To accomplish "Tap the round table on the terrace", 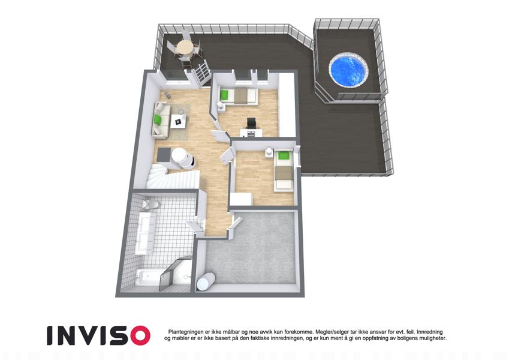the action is (185, 47).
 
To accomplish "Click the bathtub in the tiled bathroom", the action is (148, 277).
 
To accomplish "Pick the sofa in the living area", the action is (161, 119).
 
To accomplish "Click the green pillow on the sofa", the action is (158, 119).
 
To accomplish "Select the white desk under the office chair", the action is (251, 133).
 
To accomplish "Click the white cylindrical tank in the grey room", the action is (206, 281).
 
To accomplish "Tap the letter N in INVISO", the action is (67, 335).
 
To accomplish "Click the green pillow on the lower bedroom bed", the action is (283, 155).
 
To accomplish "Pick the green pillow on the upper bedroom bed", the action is (224, 95).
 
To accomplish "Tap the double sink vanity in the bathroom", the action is (145, 233).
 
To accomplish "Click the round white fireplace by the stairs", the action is (180, 158).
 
